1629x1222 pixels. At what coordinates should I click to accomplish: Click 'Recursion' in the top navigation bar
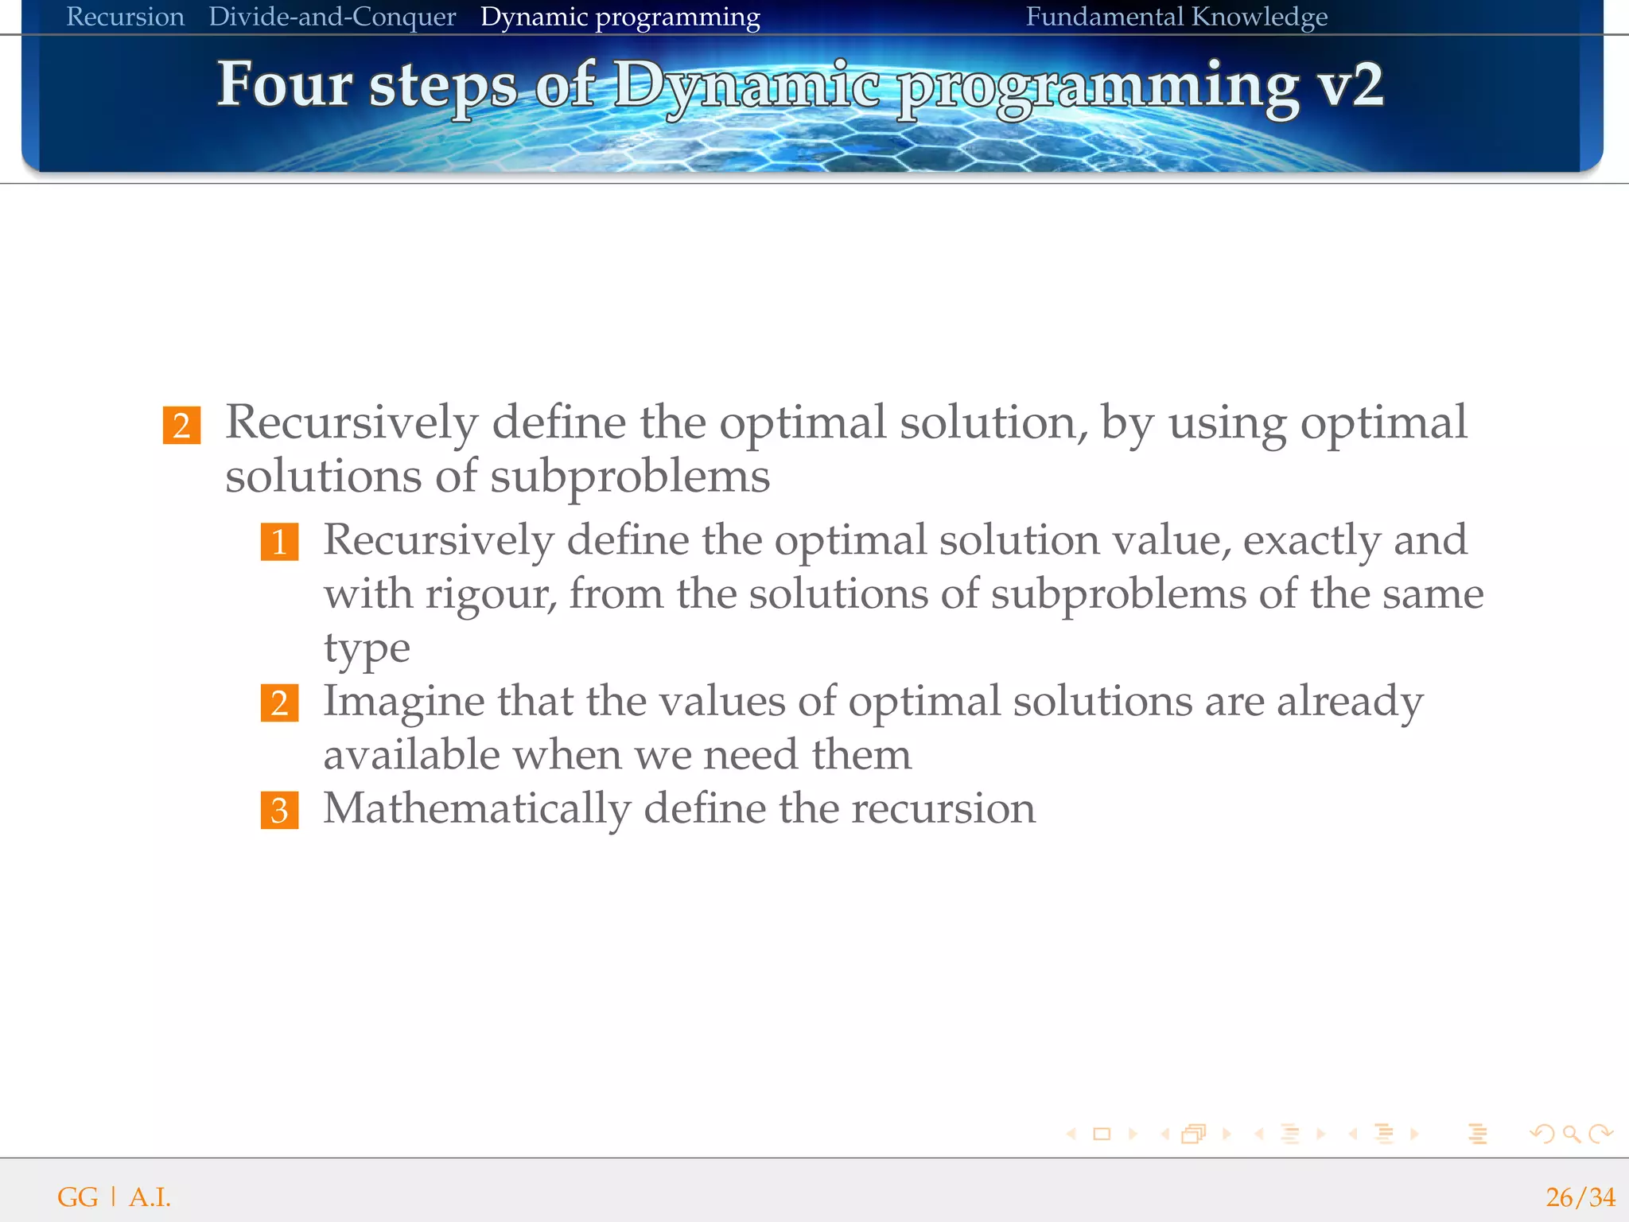(125, 17)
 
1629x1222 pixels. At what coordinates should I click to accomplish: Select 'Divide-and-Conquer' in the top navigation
(332, 17)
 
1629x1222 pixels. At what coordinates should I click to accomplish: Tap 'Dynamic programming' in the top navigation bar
(620, 17)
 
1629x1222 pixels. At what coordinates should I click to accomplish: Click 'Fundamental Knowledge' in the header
(1176, 17)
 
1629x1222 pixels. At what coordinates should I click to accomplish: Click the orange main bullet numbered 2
(181, 425)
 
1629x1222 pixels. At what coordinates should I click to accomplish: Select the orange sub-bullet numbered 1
(279, 542)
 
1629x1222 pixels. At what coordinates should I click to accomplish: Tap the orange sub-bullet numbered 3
(279, 810)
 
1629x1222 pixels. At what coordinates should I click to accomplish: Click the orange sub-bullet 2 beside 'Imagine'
(279, 703)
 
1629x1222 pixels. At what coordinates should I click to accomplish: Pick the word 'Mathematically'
(476, 808)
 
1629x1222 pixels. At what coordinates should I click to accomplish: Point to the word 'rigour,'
(491, 594)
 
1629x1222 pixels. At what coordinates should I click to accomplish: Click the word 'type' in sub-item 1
(366, 648)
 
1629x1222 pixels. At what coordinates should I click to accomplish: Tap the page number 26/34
(1580, 1197)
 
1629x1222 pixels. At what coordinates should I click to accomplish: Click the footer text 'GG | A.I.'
(114, 1197)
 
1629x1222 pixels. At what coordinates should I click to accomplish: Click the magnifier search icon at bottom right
(1571, 1134)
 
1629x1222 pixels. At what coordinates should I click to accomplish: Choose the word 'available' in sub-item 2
(410, 755)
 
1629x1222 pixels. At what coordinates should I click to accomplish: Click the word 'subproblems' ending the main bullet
(629, 477)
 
